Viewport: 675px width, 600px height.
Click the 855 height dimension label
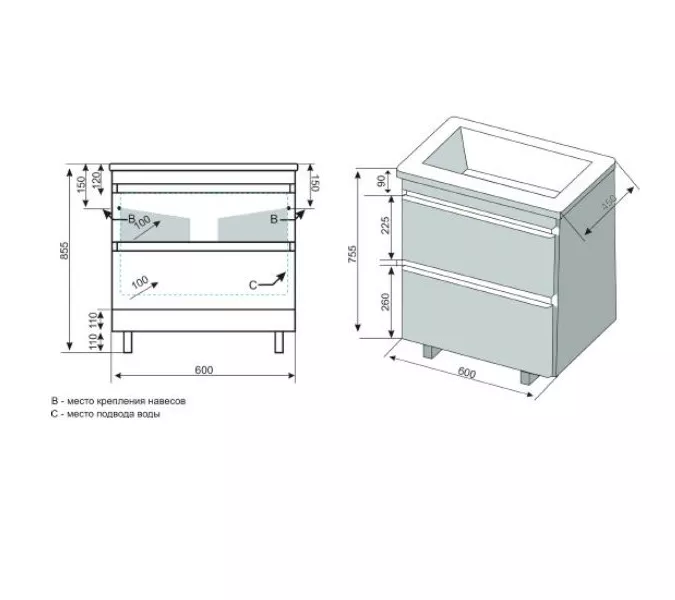click(64, 251)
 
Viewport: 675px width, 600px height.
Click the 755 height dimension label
click(352, 254)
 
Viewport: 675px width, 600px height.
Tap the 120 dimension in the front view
click(97, 177)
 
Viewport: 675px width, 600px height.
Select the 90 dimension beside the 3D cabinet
click(381, 181)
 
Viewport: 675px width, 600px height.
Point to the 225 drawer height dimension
click(385, 225)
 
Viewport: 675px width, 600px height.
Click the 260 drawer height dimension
click(385, 301)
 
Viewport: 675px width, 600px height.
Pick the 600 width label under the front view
click(204, 370)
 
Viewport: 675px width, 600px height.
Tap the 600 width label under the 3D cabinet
click(467, 372)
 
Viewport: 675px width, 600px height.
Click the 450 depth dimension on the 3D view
click(609, 202)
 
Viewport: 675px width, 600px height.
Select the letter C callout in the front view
click(253, 285)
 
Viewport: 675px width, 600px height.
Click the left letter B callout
click(132, 219)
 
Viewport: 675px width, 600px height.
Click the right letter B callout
click(274, 219)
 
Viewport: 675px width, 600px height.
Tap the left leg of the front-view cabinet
click(127, 342)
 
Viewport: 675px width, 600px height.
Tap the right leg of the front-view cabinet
click(279, 342)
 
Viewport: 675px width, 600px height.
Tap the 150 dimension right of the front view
click(314, 183)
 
